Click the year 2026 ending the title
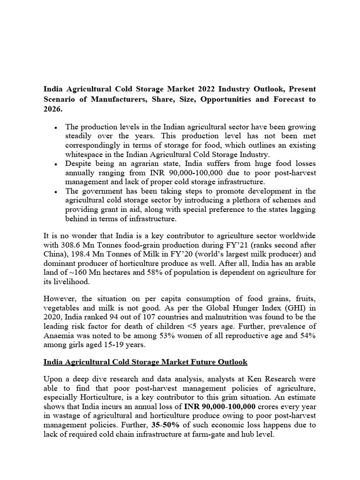pyautogui.click(x=52, y=109)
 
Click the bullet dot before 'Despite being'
pyautogui.click(x=56, y=165)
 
